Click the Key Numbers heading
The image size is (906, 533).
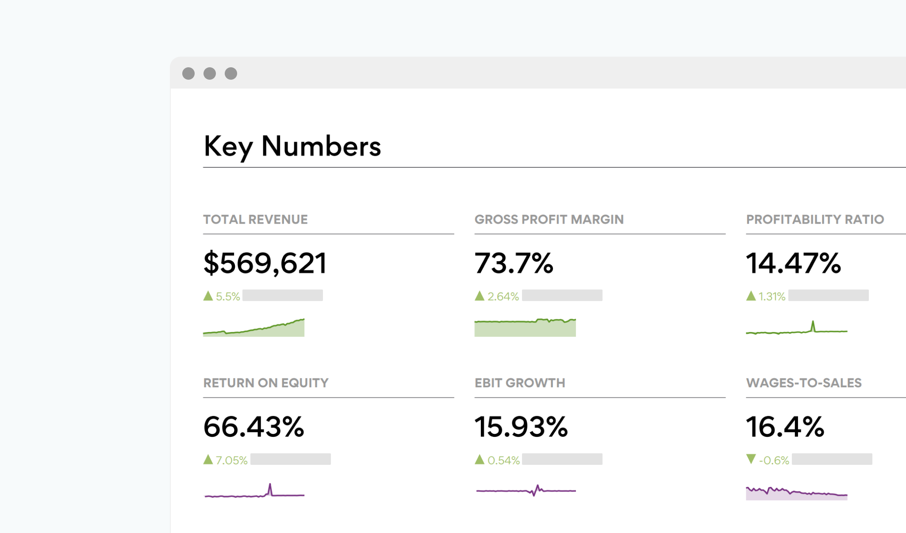tap(292, 147)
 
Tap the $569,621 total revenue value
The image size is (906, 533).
tap(265, 263)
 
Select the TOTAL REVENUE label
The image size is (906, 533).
tap(255, 220)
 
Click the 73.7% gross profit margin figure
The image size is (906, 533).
tap(514, 263)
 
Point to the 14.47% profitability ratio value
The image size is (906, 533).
tap(793, 263)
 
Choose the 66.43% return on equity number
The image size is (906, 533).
tap(253, 427)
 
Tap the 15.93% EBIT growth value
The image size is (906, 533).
tap(521, 427)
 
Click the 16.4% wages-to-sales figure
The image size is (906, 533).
tap(785, 427)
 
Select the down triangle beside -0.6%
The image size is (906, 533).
tap(751, 459)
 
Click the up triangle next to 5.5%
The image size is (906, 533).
tap(208, 296)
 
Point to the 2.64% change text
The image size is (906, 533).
tap(503, 297)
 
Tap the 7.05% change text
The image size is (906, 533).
tap(231, 460)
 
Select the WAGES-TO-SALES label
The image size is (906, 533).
tap(803, 383)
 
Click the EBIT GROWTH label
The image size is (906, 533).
tap(519, 383)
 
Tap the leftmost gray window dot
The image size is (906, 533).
tap(188, 73)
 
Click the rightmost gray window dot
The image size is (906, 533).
tap(231, 73)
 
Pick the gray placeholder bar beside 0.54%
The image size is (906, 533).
tap(562, 459)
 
